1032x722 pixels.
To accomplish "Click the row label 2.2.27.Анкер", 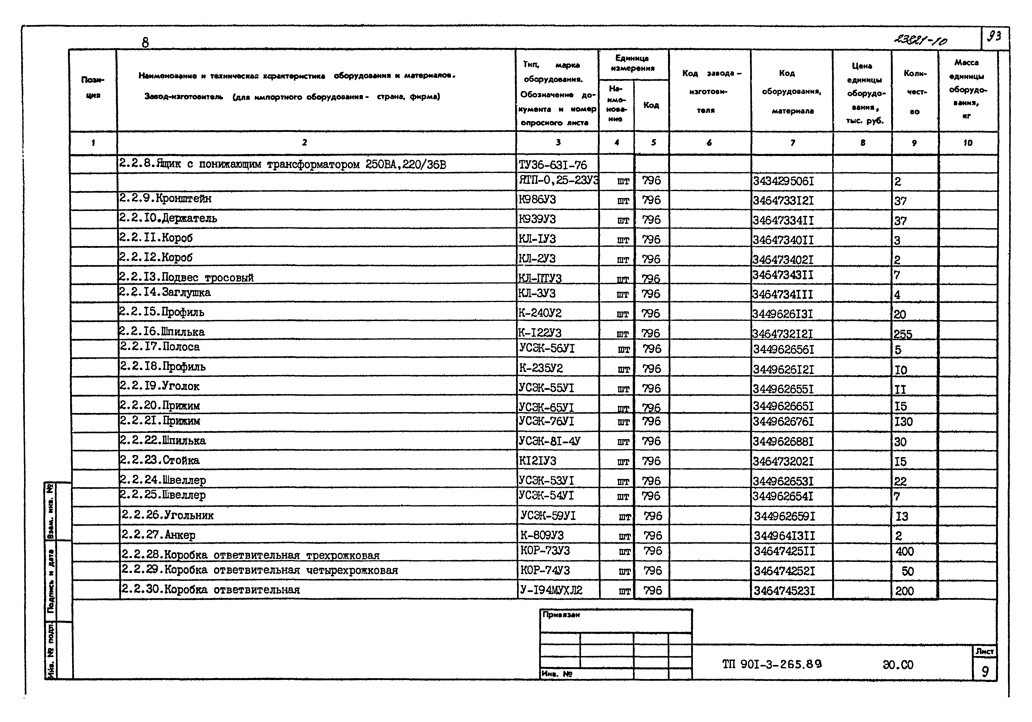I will click(x=158, y=535).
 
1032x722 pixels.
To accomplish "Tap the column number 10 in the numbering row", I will click(x=968, y=143).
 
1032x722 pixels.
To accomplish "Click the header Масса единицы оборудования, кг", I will click(x=967, y=89).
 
